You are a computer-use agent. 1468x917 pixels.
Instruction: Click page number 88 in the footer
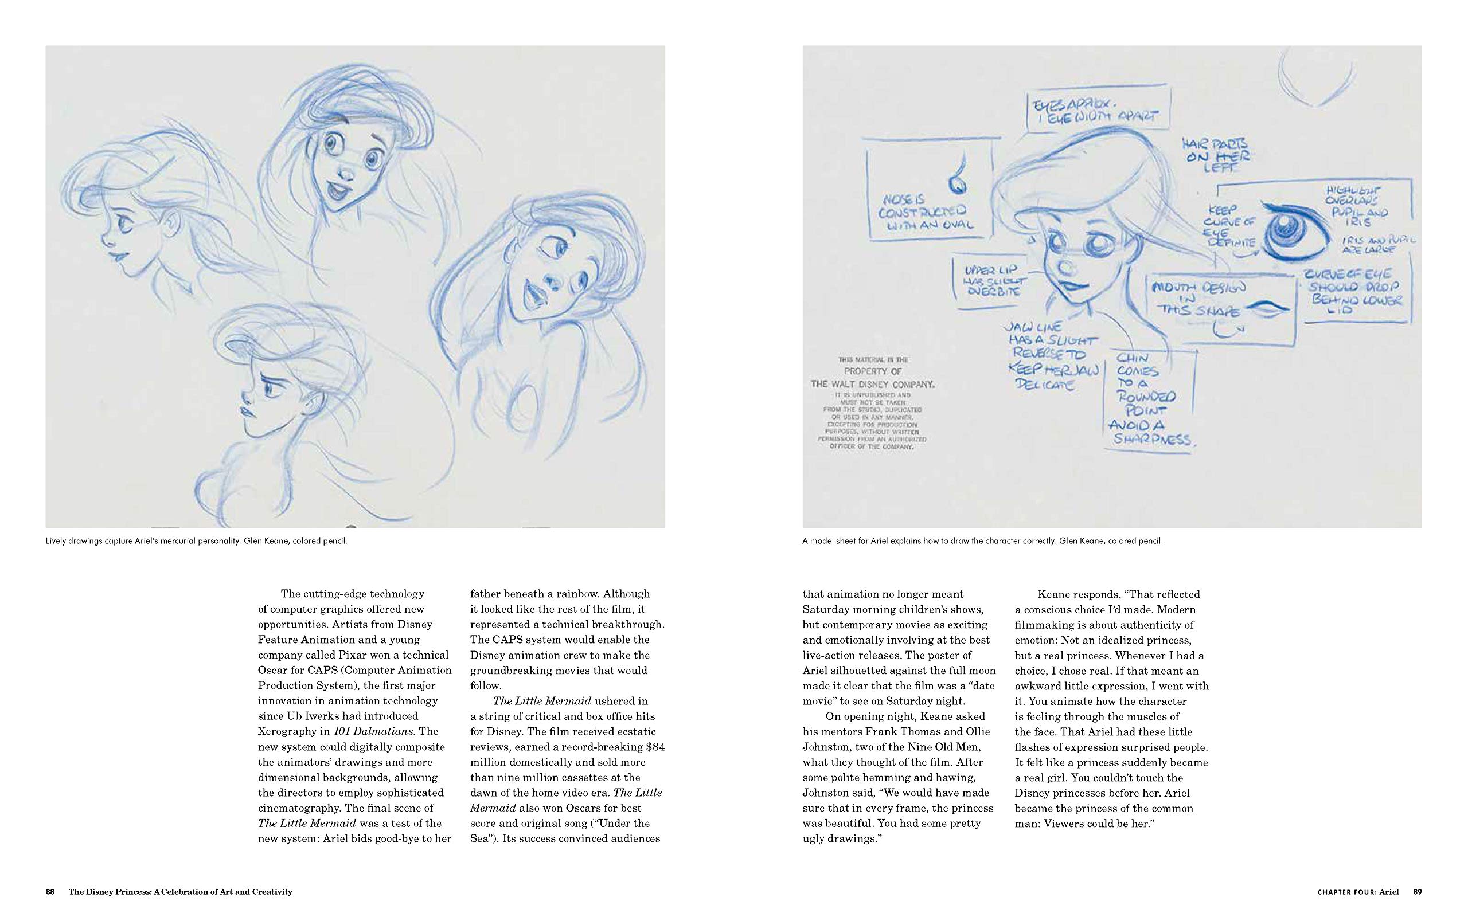point(50,892)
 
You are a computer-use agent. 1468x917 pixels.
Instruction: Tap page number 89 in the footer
point(1417,892)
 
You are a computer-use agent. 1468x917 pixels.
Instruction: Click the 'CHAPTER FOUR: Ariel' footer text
point(1357,892)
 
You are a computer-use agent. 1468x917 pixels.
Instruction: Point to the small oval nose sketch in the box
point(956,180)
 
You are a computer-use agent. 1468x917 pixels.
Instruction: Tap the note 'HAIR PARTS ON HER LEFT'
point(1218,155)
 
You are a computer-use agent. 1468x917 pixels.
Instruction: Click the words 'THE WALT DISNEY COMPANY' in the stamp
point(872,384)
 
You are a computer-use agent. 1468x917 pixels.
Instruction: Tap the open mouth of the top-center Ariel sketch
point(334,191)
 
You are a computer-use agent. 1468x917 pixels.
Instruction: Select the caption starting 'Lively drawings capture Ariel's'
point(196,540)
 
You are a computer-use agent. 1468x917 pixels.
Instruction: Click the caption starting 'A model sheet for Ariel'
point(982,540)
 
